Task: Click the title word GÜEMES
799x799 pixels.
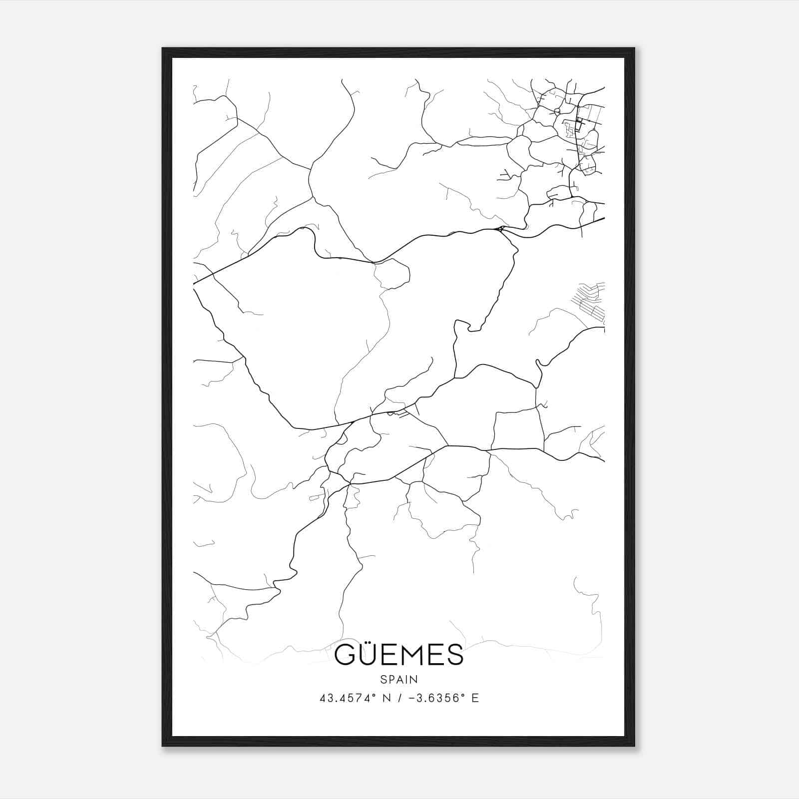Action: pyautogui.click(x=399, y=655)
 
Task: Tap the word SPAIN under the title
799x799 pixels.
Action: pyautogui.click(x=399, y=679)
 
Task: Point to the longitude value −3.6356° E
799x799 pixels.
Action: pyautogui.click(x=443, y=698)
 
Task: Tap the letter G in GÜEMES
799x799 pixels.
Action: pyautogui.click(x=345, y=655)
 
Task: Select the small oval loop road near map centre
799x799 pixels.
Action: pyautogui.click(x=393, y=274)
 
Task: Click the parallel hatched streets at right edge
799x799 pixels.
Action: pyautogui.click(x=592, y=300)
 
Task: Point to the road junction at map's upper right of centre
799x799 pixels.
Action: pyautogui.click(x=500, y=229)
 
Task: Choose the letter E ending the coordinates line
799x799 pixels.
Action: pyautogui.click(x=475, y=698)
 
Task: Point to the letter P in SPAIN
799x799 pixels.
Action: pyautogui.click(x=393, y=679)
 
